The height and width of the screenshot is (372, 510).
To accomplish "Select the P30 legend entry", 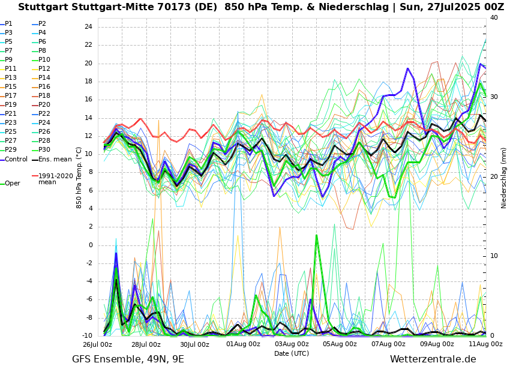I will click(44, 150).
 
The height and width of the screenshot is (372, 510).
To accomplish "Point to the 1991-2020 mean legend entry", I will click(55, 179).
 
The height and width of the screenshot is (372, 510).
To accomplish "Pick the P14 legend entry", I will click(44, 78).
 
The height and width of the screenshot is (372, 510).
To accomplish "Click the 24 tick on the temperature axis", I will click(88, 27).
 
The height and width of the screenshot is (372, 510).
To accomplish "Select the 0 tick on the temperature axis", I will click(90, 245).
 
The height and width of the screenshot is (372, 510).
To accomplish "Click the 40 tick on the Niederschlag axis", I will click(494, 18).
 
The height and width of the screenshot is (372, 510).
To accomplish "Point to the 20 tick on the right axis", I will click(494, 176).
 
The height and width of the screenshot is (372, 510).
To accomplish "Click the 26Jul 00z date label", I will click(97, 344).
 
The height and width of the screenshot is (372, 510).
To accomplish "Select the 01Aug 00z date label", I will click(243, 344).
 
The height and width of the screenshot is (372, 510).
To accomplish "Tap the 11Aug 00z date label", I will click(485, 344).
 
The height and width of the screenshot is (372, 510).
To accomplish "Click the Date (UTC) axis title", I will click(292, 353).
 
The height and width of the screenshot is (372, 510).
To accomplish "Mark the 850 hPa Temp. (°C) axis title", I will click(79, 177).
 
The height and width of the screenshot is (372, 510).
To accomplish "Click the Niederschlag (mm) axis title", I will click(504, 177).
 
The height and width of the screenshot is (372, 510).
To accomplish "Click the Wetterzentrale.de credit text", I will click(433, 359).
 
